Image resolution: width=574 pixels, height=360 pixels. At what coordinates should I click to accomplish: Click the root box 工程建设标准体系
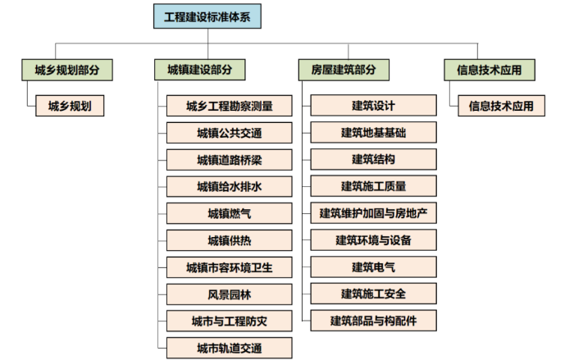(x=207, y=17)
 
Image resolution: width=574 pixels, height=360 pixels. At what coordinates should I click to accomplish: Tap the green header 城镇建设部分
(x=199, y=71)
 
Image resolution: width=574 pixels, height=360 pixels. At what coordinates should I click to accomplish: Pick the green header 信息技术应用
(x=489, y=71)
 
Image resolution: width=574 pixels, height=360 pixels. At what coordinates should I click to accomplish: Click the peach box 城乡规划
(x=70, y=105)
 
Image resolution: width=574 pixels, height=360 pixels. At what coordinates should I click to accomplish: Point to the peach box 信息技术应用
(x=500, y=106)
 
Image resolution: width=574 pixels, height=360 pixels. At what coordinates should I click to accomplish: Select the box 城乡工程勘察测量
(x=229, y=106)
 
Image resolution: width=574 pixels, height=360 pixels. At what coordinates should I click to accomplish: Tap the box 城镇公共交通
(x=229, y=133)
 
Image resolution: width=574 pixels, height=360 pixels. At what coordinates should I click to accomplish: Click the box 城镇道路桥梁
(x=229, y=159)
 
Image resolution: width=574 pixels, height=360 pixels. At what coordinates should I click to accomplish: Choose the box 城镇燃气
(x=229, y=213)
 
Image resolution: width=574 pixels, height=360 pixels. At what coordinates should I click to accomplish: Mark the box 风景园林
(x=229, y=293)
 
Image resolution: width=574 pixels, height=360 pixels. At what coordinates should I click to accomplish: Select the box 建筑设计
(x=373, y=106)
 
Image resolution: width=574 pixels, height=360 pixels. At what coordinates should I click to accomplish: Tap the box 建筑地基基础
(x=373, y=132)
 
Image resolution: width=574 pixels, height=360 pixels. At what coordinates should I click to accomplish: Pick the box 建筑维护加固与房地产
(x=373, y=213)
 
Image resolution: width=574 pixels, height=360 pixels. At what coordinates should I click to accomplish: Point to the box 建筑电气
(x=373, y=267)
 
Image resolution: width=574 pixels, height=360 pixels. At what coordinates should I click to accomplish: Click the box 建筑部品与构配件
(x=373, y=320)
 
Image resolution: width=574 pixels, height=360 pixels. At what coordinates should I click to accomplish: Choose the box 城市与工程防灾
(x=229, y=319)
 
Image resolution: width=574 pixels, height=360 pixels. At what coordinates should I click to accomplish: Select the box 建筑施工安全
(x=373, y=293)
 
